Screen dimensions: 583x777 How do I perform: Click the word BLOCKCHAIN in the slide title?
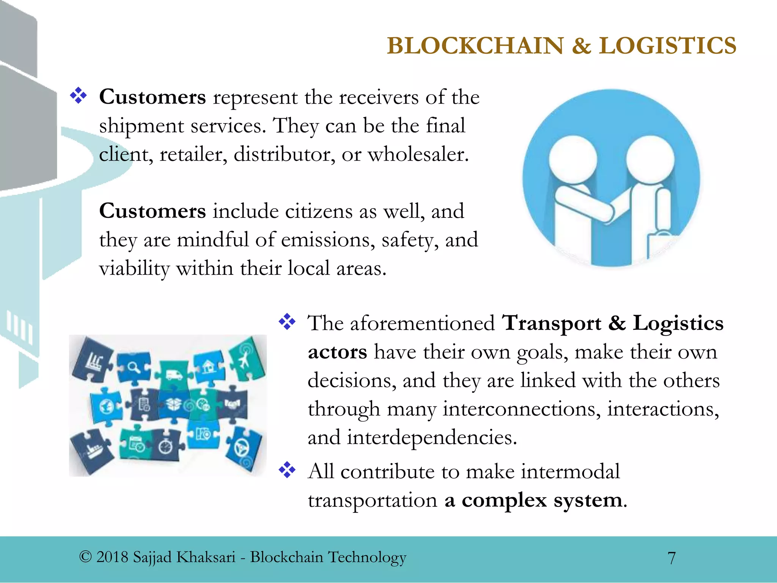pyautogui.click(x=475, y=46)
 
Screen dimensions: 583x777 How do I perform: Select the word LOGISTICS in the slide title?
pyautogui.click(x=667, y=46)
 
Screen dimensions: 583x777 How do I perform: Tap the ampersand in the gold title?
pyautogui.click(x=581, y=46)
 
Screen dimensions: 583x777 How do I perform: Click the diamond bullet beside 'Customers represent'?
pyautogui.click(x=79, y=96)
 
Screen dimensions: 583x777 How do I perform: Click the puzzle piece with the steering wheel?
pyautogui.click(x=242, y=449)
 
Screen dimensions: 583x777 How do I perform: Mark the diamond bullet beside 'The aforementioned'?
pyautogui.click(x=287, y=322)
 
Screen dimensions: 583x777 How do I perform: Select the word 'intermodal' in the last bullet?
pyautogui.click(x=570, y=472)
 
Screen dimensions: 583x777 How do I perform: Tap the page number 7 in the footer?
pyautogui.click(x=671, y=558)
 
